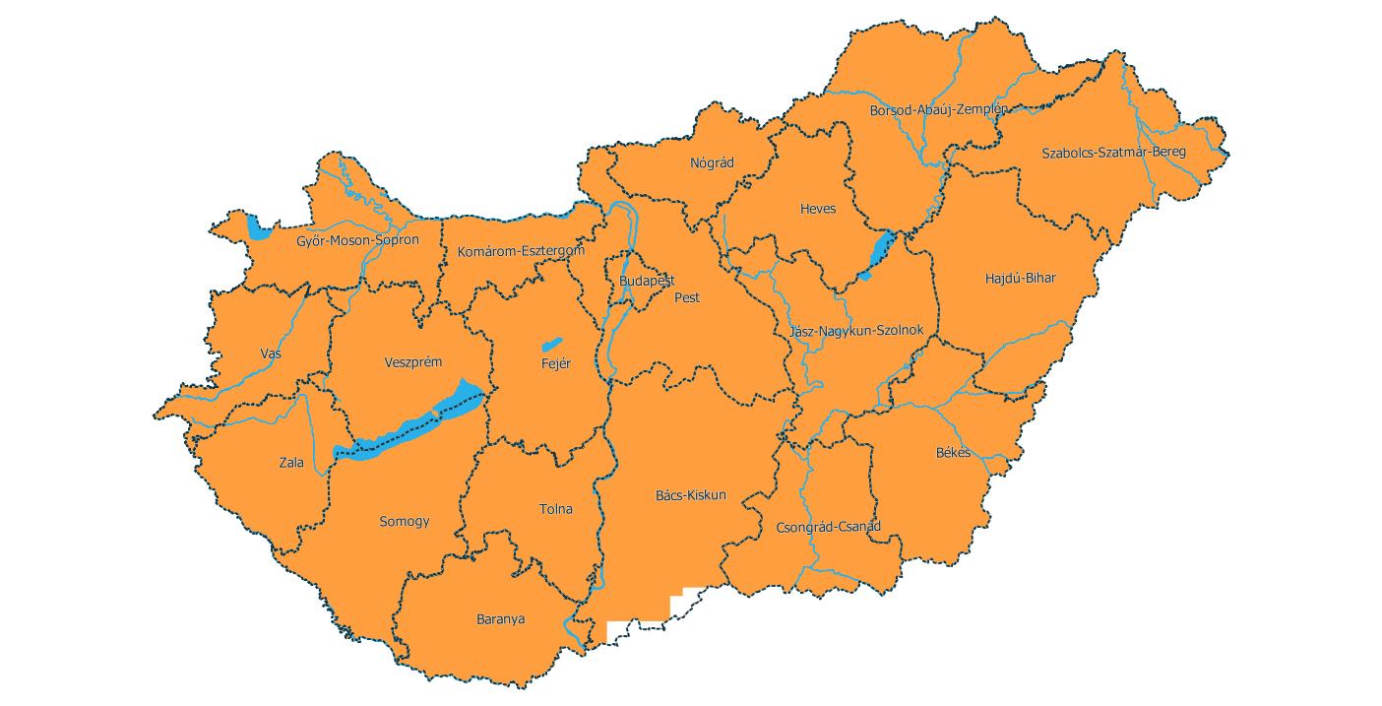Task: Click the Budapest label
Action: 647,282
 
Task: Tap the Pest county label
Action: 687,296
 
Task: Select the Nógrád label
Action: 713,163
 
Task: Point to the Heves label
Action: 818,210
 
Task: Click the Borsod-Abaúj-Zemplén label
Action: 938,110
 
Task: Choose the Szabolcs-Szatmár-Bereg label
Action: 1113,153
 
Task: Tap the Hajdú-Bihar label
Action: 1020,279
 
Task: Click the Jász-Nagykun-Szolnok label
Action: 856,331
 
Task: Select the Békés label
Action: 953,453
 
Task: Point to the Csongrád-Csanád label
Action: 828,527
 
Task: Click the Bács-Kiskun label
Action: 690,495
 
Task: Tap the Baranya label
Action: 500,620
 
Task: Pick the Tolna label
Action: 555,510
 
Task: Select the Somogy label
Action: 405,522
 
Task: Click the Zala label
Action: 291,463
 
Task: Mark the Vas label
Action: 271,353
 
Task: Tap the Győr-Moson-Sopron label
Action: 357,240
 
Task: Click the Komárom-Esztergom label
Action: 521,252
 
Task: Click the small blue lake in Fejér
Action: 551,345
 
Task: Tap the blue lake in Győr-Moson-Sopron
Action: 258,229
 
